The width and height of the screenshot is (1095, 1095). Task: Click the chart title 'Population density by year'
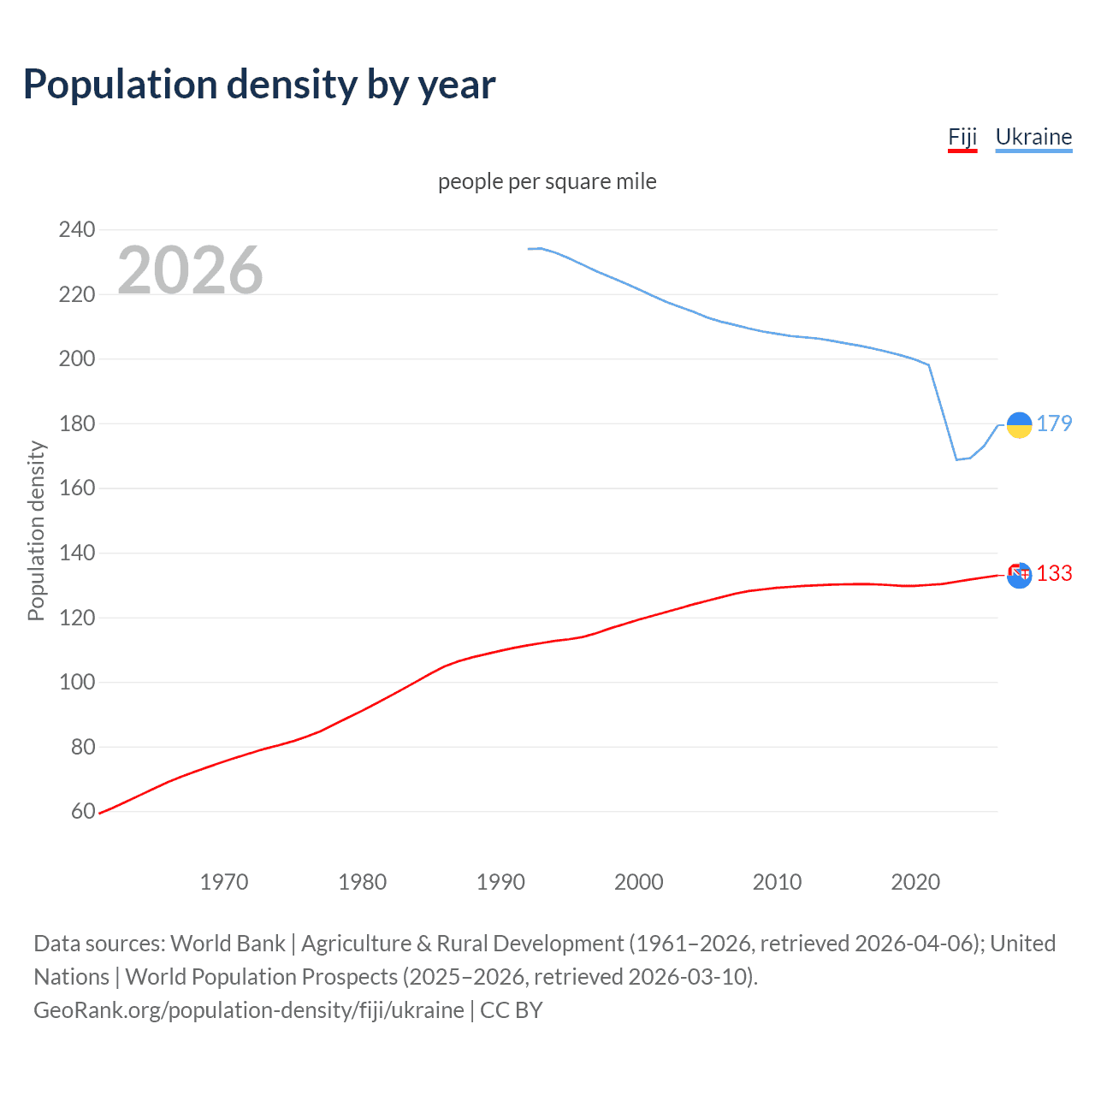point(259,85)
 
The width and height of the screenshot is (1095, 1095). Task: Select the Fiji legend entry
point(962,137)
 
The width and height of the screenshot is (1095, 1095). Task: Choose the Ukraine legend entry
point(1033,137)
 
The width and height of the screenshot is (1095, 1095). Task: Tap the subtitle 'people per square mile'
point(547,181)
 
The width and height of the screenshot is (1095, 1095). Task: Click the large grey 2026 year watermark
point(190,270)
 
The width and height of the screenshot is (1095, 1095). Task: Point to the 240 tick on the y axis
point(76,229)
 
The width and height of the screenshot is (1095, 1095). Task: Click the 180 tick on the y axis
point(76,423)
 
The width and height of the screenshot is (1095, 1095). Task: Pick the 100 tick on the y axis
point(76,682)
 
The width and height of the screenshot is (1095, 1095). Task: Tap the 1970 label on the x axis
point(223,882)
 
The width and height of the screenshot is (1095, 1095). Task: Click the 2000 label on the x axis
point(638,882)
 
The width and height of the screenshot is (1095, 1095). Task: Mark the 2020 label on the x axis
point(915,882)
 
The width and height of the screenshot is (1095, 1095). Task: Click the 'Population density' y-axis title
point(36,530)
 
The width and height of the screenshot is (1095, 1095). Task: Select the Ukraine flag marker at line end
point(1019,424)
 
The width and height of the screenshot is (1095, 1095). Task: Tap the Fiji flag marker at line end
point(1019,575)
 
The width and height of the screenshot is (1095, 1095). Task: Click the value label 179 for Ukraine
point(1054,423)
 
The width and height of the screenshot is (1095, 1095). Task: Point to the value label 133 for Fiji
point(1054,573)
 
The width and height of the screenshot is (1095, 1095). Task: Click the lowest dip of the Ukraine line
point(956,459)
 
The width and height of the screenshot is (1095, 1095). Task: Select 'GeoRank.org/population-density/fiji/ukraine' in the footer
point(249,1010)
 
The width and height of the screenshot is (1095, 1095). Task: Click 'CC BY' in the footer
point(512,1010)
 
